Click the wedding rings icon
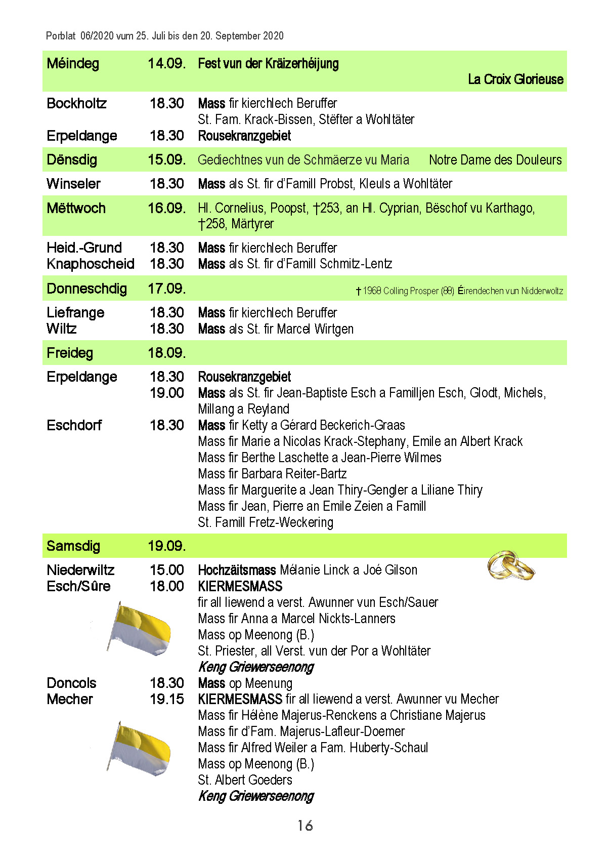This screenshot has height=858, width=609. [511, 566]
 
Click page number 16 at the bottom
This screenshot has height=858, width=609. [305, 826]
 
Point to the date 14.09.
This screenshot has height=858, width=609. [166, 64]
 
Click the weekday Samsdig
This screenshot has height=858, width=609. [73, 546]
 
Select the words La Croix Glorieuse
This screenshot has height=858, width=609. [515, 79]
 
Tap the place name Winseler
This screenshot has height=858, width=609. [73, 184]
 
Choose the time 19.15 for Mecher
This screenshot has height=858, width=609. [167, 699]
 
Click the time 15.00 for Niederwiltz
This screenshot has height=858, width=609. [167, 570]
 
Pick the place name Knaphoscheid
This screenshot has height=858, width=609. [91, 264]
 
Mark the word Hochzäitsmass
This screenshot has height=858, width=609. [237, 570]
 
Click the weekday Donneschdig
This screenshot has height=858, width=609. [86, 289]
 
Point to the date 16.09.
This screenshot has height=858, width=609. [166, 208]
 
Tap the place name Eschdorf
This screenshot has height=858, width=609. [74, 425]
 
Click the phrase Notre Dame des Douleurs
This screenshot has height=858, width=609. [495, 160]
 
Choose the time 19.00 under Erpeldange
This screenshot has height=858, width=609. [167, 393]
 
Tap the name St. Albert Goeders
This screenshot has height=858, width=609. [245, 780]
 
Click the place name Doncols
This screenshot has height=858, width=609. [71, 683]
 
